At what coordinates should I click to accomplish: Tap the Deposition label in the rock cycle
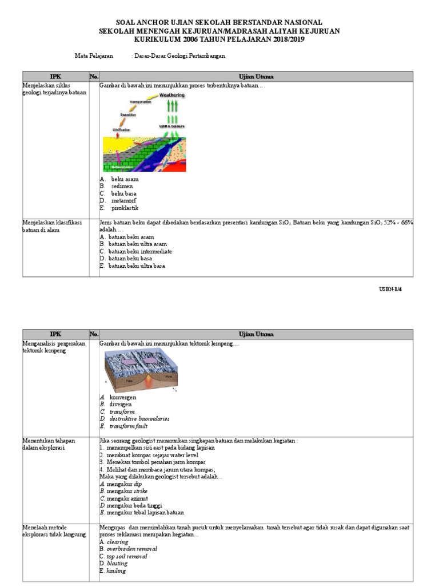click(128, 114)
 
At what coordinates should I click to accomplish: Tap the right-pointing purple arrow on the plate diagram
click(151, 362)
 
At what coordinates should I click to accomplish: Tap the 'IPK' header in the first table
click(55, 76)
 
